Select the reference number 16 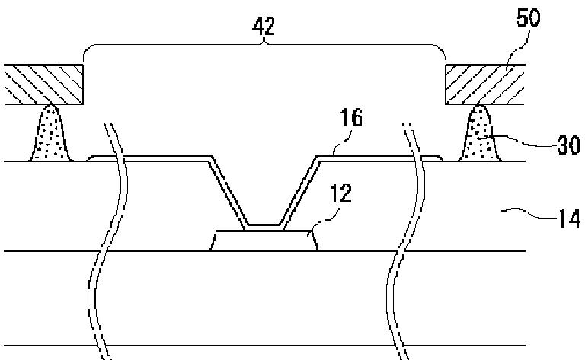coord(353,118)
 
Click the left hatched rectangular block coord(44,84)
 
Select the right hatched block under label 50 coord(488,84)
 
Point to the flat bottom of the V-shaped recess coord(264,225)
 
